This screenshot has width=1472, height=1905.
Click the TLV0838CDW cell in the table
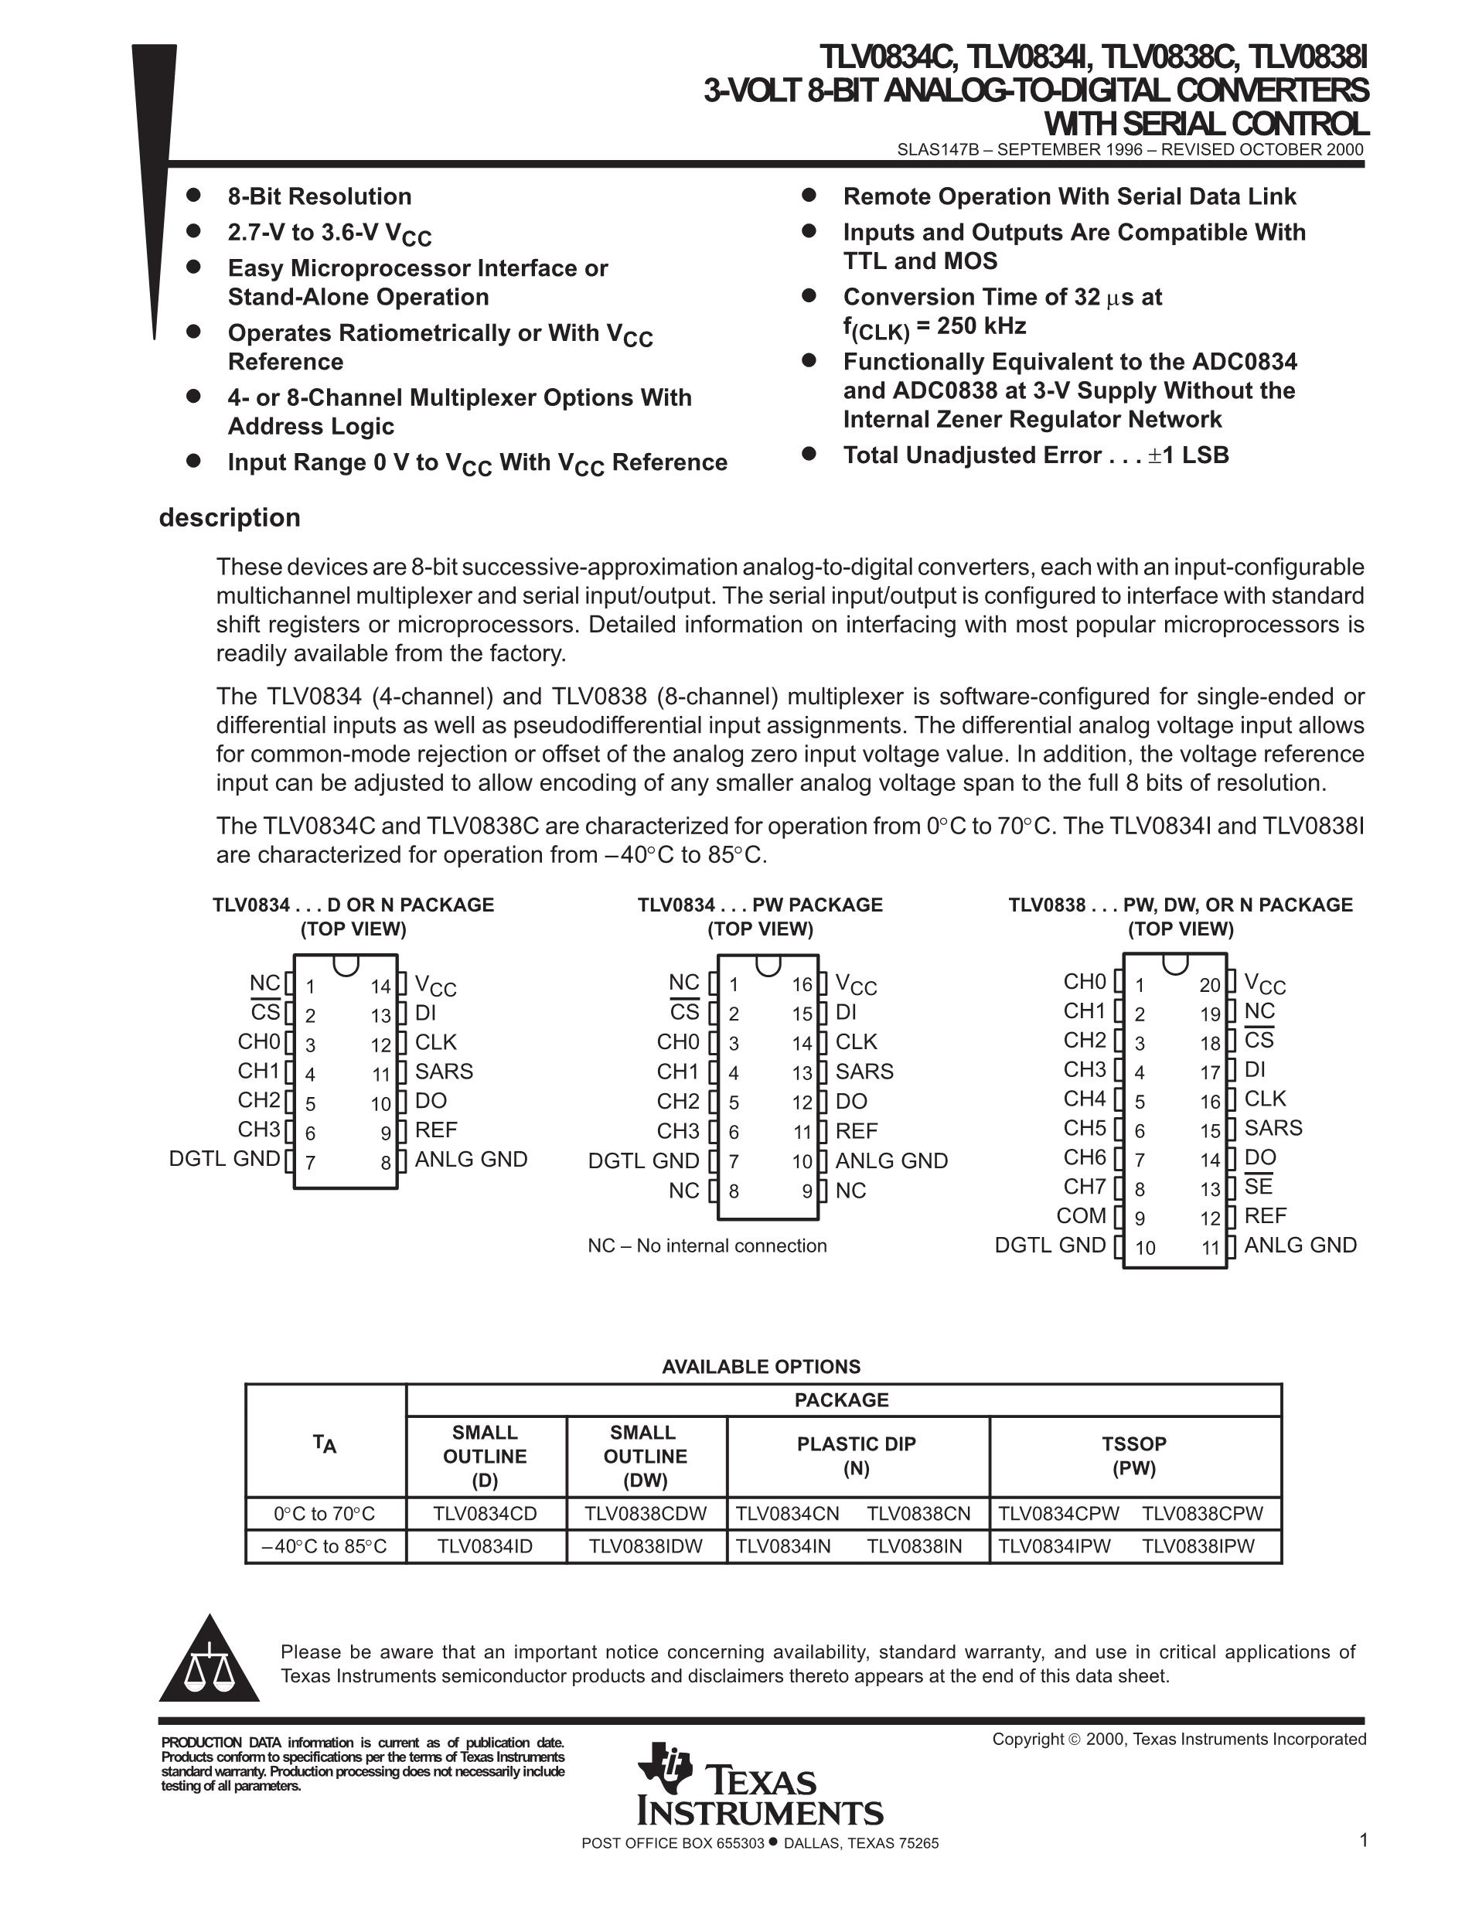click(x=646, y=1513)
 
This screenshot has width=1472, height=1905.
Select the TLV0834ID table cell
click(x=485, y=1546)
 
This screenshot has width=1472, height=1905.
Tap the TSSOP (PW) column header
click(x=1133, y=1456)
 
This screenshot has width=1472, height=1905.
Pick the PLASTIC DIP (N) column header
click(x=857, y=1456)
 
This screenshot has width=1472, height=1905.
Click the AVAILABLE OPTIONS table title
click(x=761, y=1367)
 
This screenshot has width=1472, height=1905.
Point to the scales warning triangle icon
click(x=210, y=1660)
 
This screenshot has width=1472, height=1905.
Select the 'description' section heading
click(x=230, y=517)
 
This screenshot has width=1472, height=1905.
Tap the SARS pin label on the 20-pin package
click(x=1273, y=1128)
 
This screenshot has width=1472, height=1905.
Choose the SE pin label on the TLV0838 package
click(x=1258, y=1186)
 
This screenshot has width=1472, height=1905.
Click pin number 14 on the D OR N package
click(x=380, y=987)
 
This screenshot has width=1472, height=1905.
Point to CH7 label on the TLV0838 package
click(x=1084, y=1186)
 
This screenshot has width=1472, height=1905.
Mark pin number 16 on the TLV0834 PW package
click(x=802, y=986)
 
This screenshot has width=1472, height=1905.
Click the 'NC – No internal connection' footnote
click(x=707, y=1246)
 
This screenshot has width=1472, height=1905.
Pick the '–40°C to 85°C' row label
click(x=325, y=1546)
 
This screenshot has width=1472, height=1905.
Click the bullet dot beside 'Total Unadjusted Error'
click(x=809, y=454)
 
